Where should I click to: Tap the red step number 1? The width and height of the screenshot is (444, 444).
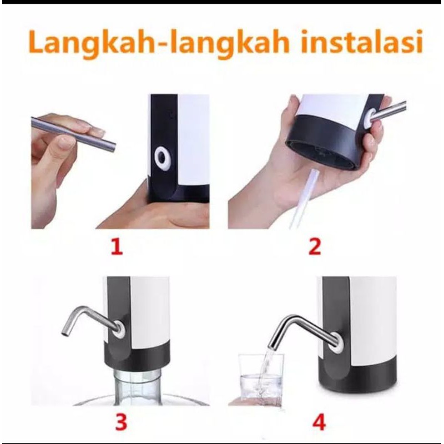(116, 246)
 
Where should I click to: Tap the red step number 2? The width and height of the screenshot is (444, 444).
(315, 246)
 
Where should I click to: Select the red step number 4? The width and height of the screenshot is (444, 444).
(319, 423)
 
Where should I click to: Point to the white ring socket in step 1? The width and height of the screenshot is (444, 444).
(163, 158)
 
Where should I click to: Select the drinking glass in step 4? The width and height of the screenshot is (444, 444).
(260, 377)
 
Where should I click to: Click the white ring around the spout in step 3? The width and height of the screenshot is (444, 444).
(119, 329)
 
